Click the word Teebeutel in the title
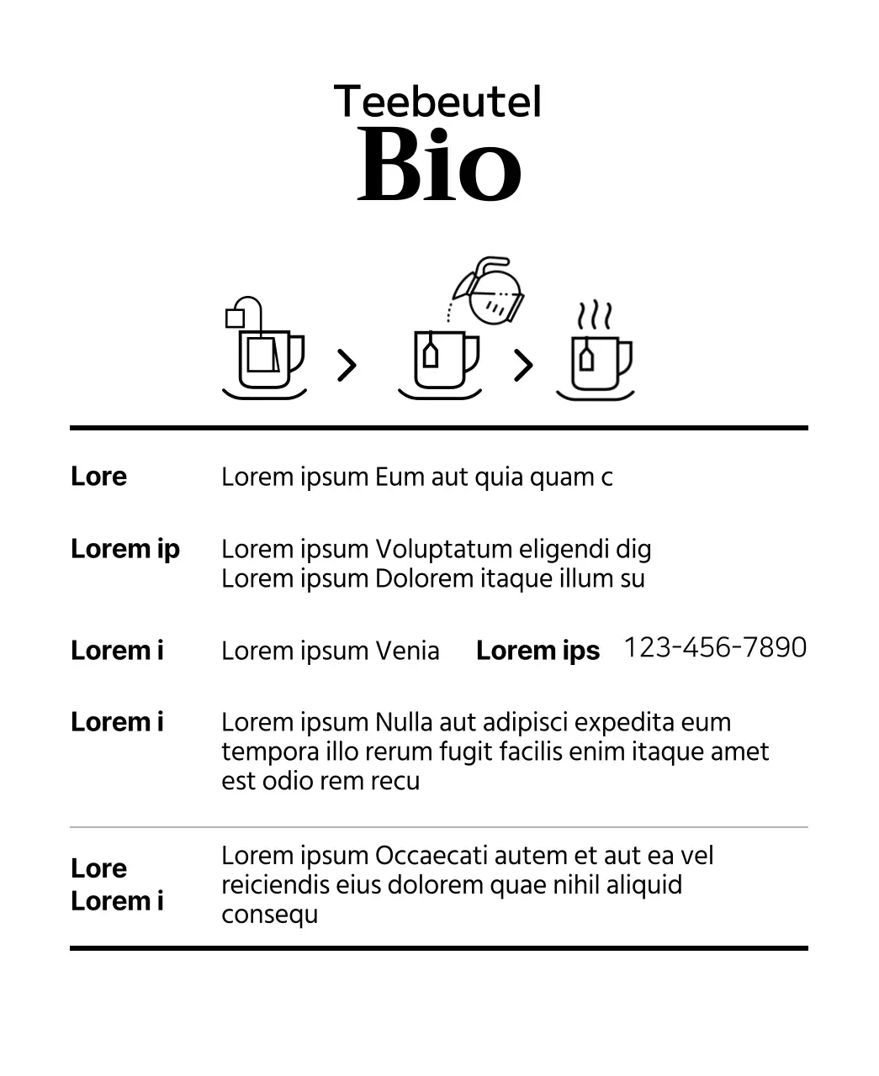click(x=437, y=102)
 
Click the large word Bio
click(x=439, y=166)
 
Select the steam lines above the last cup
click(x=594, y=316)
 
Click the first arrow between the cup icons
click(x=347, y=365)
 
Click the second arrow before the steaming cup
click(x=523, y=365)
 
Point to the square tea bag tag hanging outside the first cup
click(x=236, y=318)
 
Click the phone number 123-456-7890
click(x=715, y=647)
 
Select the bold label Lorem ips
click(x=537, y=651)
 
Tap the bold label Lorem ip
click(x=125, y=549)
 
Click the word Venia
click(x=407, y=651)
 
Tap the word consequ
click(x=269, y=915)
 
